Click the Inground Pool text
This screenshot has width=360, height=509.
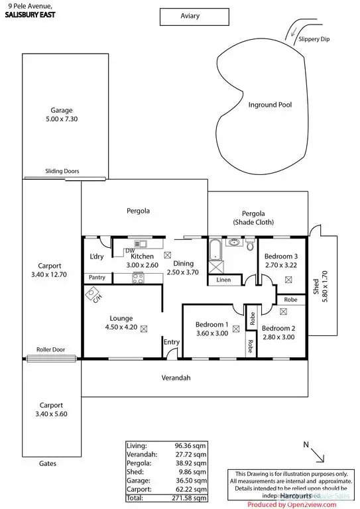tap(270, 105)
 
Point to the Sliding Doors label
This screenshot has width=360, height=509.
tap(62, 171)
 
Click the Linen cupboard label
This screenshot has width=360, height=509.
tap(223, 280)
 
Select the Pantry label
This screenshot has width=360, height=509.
tap(96, 277)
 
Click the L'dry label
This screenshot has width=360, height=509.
tap(96, 256)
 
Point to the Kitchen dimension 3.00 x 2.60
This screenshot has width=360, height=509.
tap(143, 265)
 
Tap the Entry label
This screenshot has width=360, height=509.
tap(172, 342)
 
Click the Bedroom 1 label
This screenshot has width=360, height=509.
tap(212, 324)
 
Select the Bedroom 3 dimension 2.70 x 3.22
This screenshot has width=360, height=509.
tap(280, 265)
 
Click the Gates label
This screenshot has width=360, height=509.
tap(47, 464)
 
